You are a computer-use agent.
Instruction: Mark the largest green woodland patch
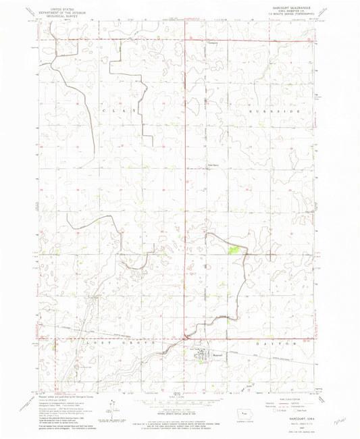pyautogui.click(x=234, y=251)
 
